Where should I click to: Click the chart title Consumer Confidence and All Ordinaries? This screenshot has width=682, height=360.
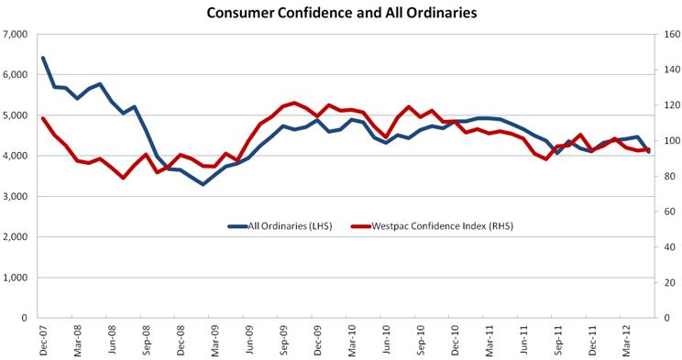[341, 13]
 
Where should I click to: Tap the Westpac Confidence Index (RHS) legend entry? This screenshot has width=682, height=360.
[422, 224]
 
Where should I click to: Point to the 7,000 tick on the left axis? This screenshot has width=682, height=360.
[17, 35]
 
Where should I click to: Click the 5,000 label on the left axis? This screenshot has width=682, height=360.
[17, 115]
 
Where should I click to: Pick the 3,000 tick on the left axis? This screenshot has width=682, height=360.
[17, 197]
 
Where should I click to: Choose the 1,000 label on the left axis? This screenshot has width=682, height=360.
[17, 278]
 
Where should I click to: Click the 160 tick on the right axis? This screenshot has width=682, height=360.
[665, 35]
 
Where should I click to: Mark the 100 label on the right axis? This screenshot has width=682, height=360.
[665, 141]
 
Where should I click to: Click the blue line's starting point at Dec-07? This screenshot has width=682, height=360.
[43, 58]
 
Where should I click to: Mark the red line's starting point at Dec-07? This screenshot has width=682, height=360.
[43, 118]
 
